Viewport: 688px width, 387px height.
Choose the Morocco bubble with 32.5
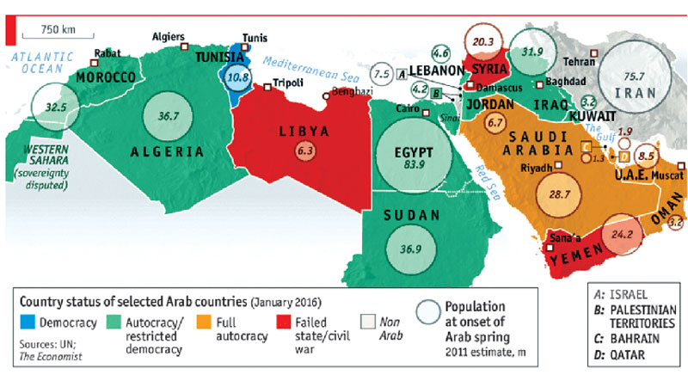55,107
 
